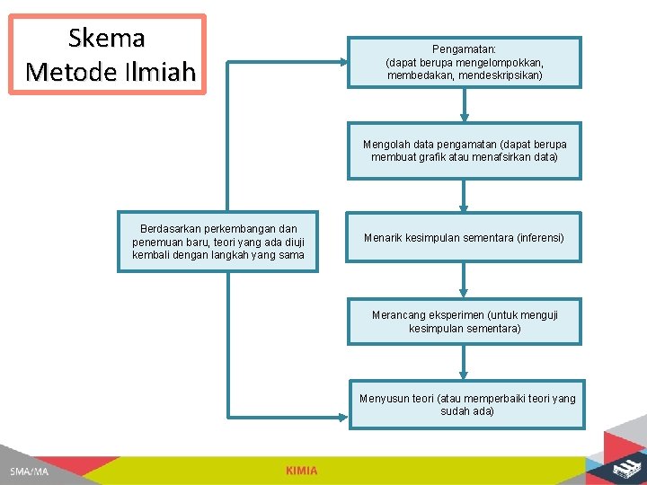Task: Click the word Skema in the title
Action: coord(106,38)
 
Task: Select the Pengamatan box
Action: coord(465,62)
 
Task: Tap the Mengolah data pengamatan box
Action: coord(465,151)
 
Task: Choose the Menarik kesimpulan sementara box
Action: coord(465,238)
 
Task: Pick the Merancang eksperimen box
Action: coord(465,322)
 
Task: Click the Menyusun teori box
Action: coord(467,405)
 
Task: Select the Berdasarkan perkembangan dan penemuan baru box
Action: coord(218,242)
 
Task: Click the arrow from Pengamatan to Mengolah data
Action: coord(465,104)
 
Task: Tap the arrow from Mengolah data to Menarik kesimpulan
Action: coord(465,195)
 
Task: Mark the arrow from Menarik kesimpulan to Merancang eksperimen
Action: coord(465,280)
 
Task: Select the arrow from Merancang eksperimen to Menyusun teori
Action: coord(465,363)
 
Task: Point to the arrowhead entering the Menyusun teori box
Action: coord(342,417)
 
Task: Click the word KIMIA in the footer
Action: coord(301,471)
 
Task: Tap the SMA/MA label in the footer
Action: coord(30,472)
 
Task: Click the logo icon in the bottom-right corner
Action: coord(623,468)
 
